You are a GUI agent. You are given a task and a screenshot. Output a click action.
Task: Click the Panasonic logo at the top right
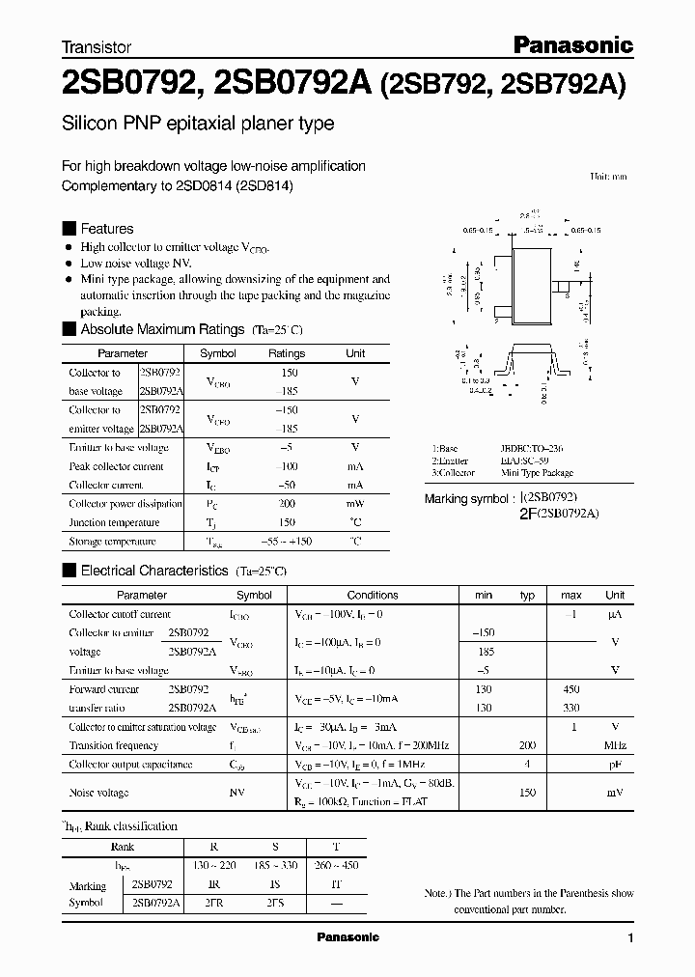pyautogui.click(x=570, y=44)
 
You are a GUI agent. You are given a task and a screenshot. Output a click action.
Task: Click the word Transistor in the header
pyautogui.click(x=96, y=46)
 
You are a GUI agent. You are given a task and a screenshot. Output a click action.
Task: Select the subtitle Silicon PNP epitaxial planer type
pyautogui.click(x=198, y=124)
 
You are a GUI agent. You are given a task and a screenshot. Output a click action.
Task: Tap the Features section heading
pyautogui.click(x=106, y=229)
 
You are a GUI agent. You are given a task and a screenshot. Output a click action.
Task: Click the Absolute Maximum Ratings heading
pyautogui.click(x=161, y=329)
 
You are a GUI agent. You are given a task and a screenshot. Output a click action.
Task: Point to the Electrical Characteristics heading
pyautogui.click(x=154, y=571)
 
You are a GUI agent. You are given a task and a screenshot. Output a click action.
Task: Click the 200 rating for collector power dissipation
pyautogui.click(x=287, y=504)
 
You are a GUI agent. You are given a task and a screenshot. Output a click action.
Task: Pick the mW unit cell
pyautogui.click(x=355, y=504)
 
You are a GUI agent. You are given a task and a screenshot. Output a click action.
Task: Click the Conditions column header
pyautogui.click(x=373, y=595)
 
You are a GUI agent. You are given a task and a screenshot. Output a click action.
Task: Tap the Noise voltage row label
pyautogui.click(x=98, y=792)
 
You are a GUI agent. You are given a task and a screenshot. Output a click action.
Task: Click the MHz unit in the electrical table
pyautogui.click(x=615, y=745)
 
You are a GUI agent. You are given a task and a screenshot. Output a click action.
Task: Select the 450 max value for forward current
pyautogui.click(x=571, y=689)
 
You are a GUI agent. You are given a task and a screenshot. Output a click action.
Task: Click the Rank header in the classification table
pyautogui.click(x=123, y=847)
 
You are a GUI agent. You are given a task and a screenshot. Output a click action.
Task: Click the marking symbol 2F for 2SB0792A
pyautogui.click(x=529, y=515)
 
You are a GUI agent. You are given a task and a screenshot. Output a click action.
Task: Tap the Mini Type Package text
pyautogui.click(x=538, y=473)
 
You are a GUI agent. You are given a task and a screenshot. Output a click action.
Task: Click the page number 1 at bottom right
pyautogui.click(x=630, y=937)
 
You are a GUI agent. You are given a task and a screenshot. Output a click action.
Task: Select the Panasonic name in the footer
pyautogui.click(x=348, y=937)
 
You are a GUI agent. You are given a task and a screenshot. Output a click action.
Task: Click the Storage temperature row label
pyautogui.click(x=112, y=542)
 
